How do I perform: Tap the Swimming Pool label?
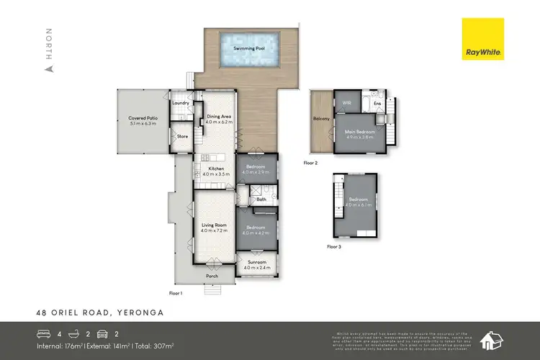(249, 49)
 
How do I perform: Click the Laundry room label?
(181, 103)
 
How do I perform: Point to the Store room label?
(182, 136)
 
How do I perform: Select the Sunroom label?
(256, 264)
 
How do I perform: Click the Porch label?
(212, 276)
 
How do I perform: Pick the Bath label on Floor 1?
(261, 199)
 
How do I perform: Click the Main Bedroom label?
(360, 133)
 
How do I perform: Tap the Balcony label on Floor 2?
(321, 119)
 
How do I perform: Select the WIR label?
(346, 103)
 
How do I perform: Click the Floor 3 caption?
(334, 247)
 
